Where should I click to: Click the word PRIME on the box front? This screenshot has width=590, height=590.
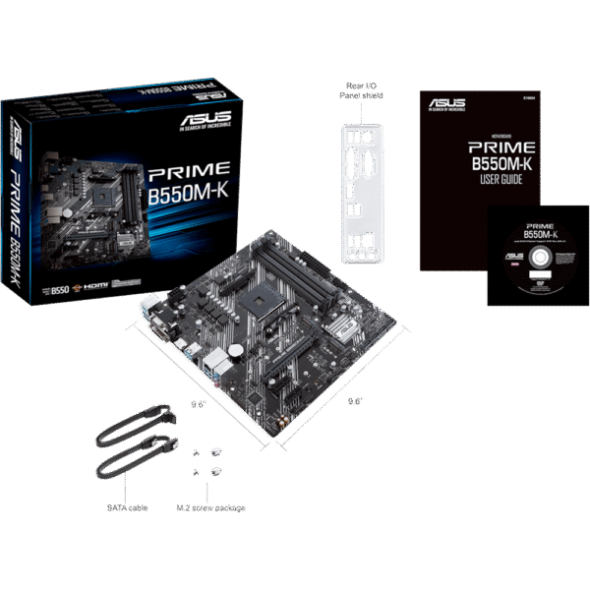190,170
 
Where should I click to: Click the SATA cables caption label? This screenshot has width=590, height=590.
127,508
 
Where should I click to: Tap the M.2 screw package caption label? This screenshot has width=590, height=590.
209,508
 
